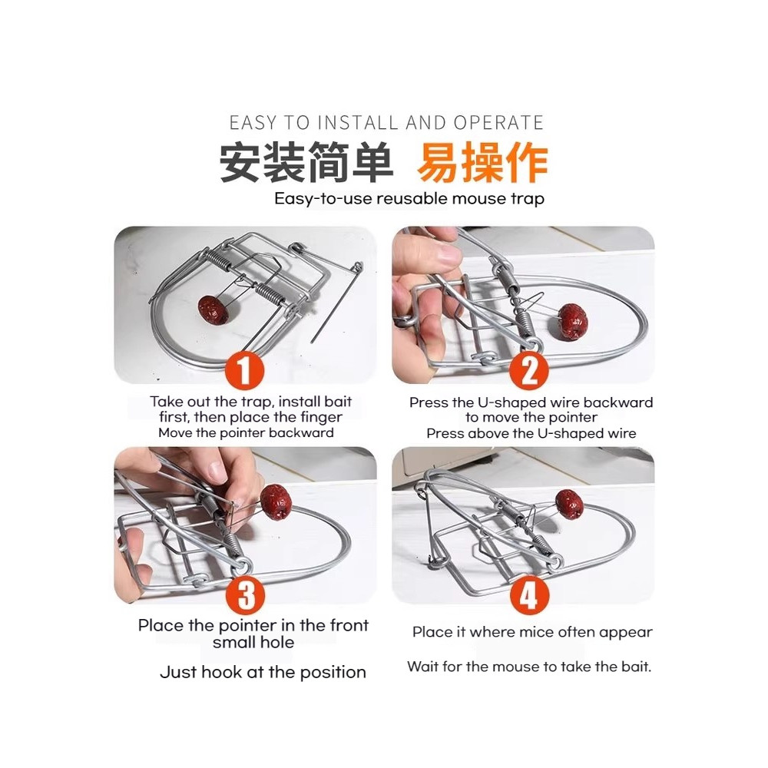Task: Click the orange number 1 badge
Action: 245,370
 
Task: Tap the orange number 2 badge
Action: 528,370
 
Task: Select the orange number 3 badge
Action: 246,595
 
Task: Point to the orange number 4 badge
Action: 529,595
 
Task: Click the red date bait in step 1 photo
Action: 214,310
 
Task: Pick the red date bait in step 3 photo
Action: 276,502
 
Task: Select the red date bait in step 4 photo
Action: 569,505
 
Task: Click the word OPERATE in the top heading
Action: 498,123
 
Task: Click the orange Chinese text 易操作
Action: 482,163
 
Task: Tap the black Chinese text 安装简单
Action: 306,163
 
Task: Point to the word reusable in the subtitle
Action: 412,199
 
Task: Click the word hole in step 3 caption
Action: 278,642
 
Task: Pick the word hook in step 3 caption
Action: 221,672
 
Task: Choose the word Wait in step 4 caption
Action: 422,667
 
